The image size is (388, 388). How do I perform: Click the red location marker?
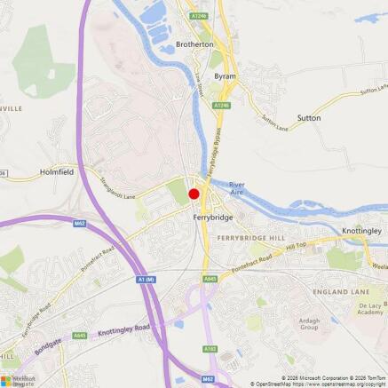(194, 193)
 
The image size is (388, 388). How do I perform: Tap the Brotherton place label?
(194, 44)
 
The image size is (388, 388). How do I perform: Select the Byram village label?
(225, 76)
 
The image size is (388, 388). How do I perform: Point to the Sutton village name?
(309, 117)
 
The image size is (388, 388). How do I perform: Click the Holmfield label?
(57, 173)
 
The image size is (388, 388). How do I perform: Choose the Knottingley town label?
(362, 230)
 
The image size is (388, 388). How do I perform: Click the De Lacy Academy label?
(370, 307)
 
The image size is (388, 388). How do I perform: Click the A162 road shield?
(210, 349)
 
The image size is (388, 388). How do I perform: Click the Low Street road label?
(200, 90)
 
